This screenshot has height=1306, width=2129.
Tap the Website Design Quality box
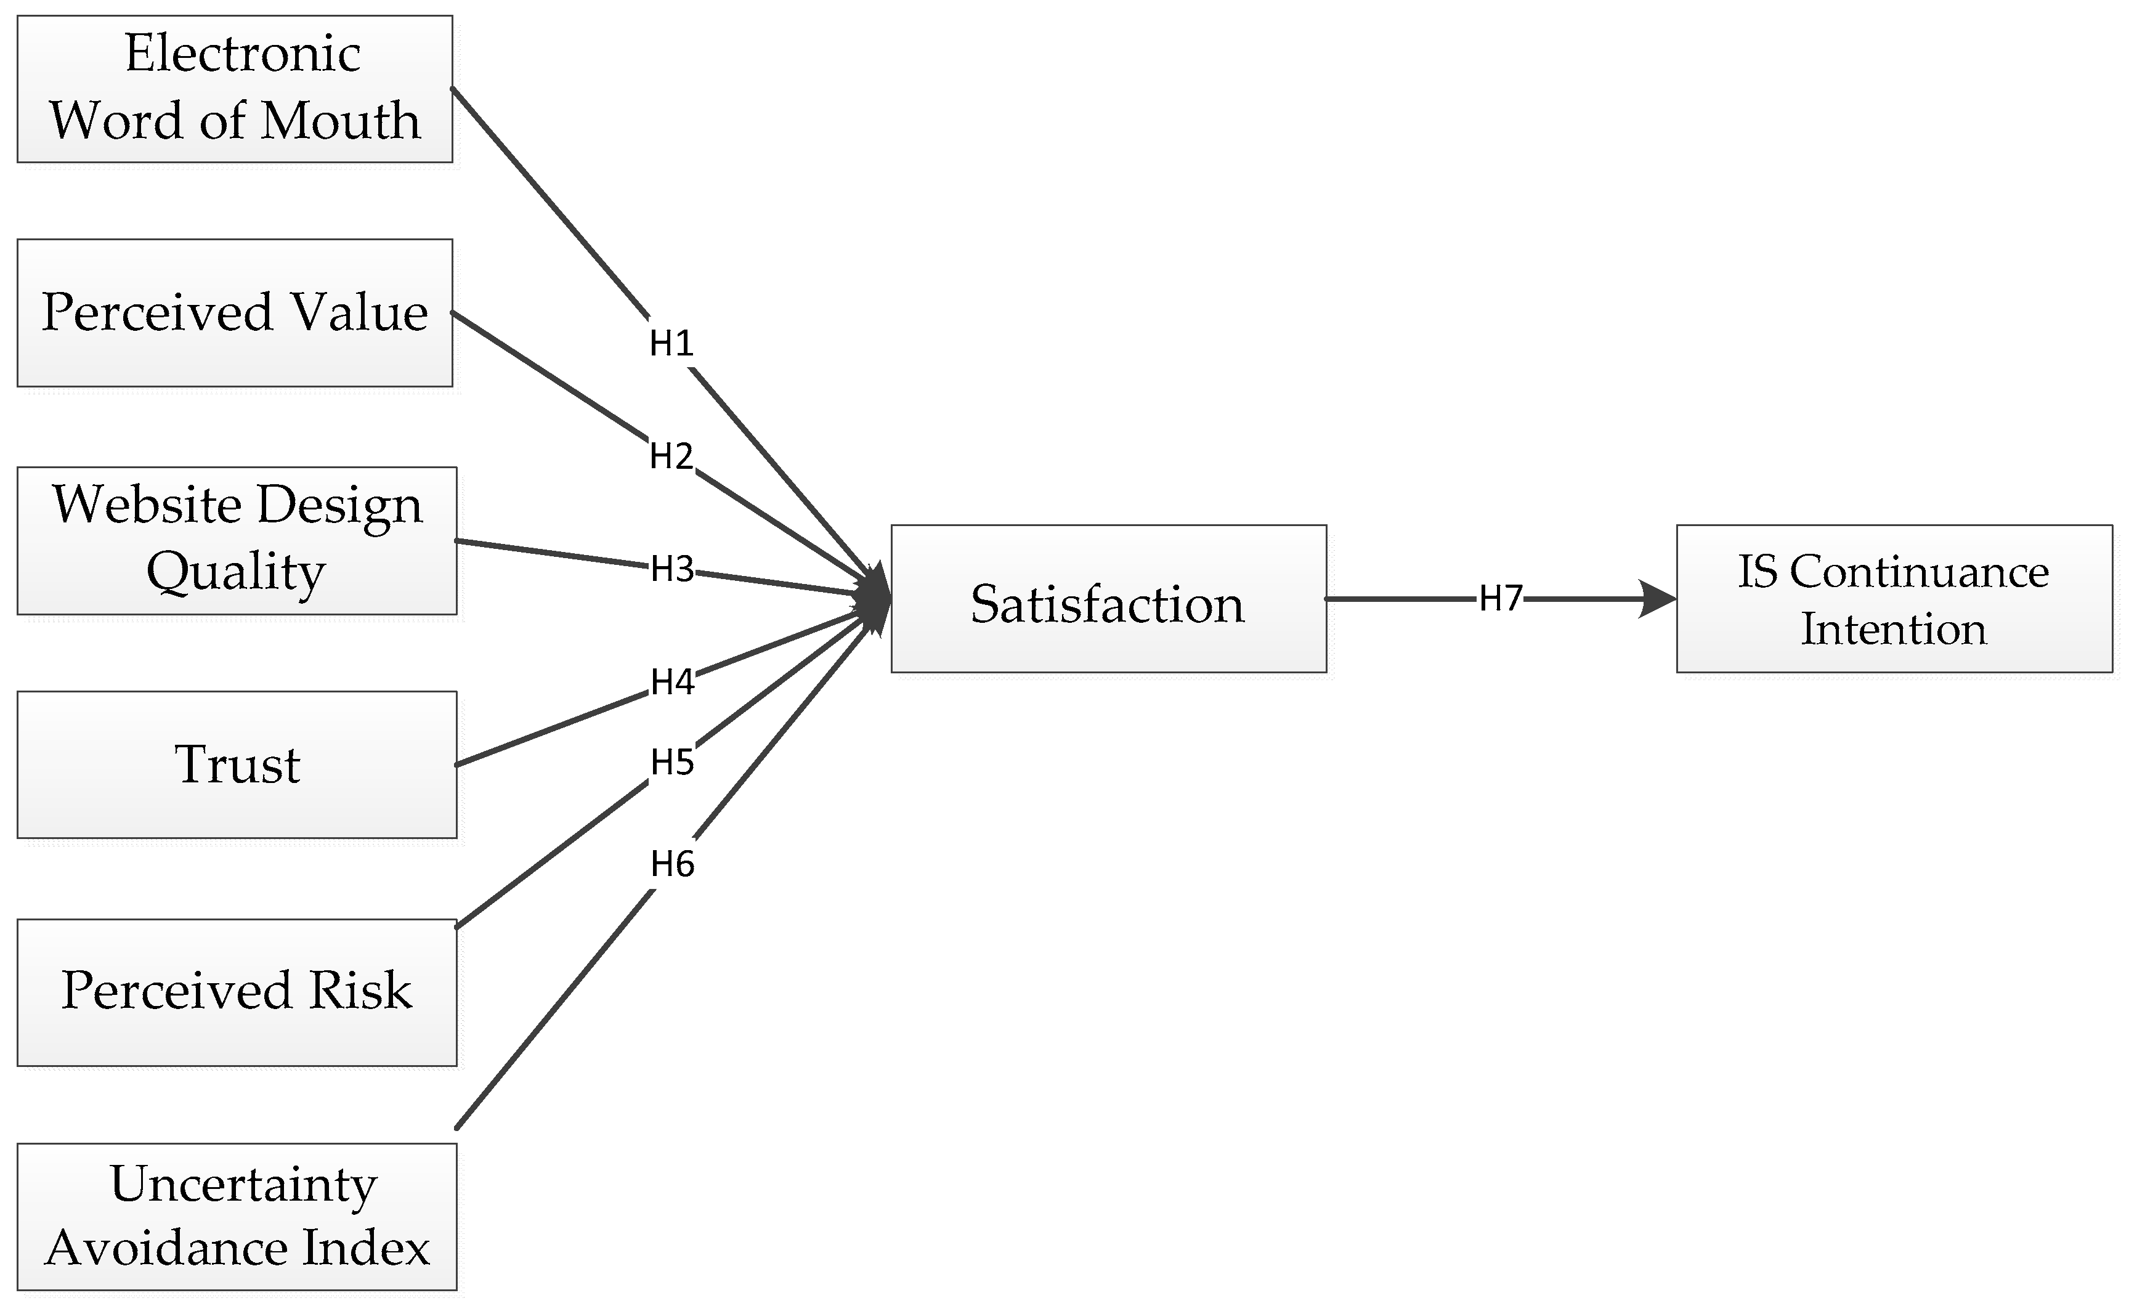(236, 540)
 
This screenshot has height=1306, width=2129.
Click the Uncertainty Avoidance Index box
(236, 1216)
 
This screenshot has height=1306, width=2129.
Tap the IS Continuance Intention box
(1894, 598)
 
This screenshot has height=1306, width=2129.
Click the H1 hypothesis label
(671, 344)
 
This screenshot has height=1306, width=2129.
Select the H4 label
(672, 683)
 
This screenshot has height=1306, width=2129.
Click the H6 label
(672, 864)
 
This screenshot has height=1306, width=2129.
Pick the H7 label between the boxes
(1500, 598)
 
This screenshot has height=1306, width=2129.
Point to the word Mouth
(341, 120)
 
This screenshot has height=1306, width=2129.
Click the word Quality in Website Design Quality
(236, 573)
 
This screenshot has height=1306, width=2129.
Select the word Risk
(360, 991)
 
